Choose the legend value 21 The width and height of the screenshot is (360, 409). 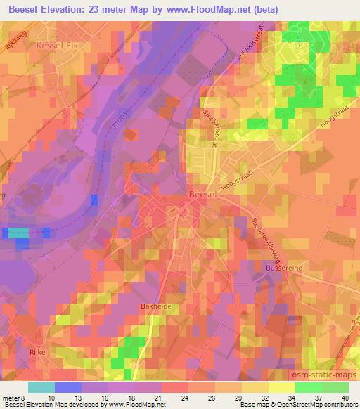pyautogui.click(x=149, y=397)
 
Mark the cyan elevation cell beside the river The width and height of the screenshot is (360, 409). pyautogui.click(x=19, y=232)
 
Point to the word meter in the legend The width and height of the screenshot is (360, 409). pyautogui.click(x=11, y=397)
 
